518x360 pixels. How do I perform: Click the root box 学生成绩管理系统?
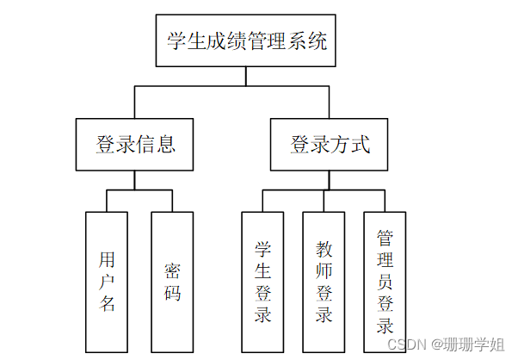click(x=246, y=40)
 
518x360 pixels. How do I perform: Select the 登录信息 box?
click(x=135, y=144)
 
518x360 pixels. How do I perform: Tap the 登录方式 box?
click(x=330, y=144)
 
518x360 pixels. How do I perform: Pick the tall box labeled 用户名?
click(x=107, y=281)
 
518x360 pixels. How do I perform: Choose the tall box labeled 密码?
click(x=172, y=281)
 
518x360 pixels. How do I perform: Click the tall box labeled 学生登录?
click(x=263, y=281)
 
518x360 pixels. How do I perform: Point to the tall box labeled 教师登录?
click(x=324, y=281)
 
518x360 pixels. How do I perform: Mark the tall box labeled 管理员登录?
click(x=385, y=281)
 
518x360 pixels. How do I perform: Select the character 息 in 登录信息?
click(x=166, y=144)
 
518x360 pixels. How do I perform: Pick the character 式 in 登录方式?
click(x=361, y=144)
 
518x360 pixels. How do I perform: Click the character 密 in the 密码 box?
click(x=172, y=270)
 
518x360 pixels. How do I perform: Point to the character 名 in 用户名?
click(x=107, y=302)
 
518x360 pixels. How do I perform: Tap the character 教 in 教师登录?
click(x=324, y=250)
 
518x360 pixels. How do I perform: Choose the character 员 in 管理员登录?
click(x=385, y=281)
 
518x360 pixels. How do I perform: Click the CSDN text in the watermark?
click(x=407, y=344)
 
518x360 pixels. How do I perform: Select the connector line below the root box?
click(x=246, y=76)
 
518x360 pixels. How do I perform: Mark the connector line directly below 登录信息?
click(x=134, y=180)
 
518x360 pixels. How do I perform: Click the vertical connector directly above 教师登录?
click(x=324, y=201)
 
